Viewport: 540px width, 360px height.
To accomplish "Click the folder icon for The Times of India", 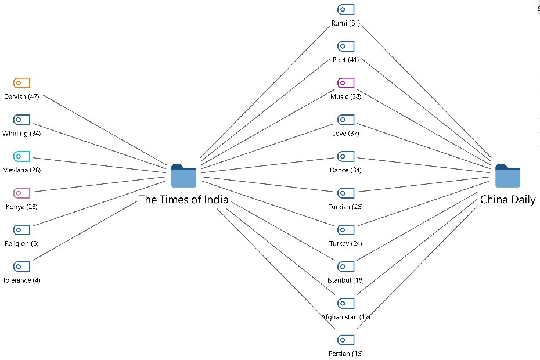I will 184,176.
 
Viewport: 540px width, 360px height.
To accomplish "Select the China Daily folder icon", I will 507,176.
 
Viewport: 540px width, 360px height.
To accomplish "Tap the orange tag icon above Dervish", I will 21,83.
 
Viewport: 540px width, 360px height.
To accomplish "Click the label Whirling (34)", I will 21,134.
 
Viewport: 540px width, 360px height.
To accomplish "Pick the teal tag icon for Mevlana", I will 21,156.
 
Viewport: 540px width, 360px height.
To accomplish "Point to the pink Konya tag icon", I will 21,193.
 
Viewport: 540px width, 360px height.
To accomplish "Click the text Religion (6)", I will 21,243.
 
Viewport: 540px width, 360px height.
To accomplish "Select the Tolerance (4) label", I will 21,280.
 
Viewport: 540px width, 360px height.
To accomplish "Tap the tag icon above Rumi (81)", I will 346,9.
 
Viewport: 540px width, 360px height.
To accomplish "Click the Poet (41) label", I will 346,60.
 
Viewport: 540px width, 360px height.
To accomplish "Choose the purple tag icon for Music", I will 346,83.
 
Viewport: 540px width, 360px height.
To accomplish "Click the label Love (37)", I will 346,134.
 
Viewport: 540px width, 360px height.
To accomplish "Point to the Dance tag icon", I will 346,156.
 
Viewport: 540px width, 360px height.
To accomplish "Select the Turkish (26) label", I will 346,207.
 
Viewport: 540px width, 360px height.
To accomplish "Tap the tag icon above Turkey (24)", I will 346,230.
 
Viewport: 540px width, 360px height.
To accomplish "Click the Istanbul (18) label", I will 346,280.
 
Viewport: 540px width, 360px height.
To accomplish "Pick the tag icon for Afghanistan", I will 346,303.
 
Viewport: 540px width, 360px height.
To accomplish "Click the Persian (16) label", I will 346,354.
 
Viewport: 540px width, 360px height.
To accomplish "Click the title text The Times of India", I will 183,200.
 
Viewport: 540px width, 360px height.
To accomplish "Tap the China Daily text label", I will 507,200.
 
